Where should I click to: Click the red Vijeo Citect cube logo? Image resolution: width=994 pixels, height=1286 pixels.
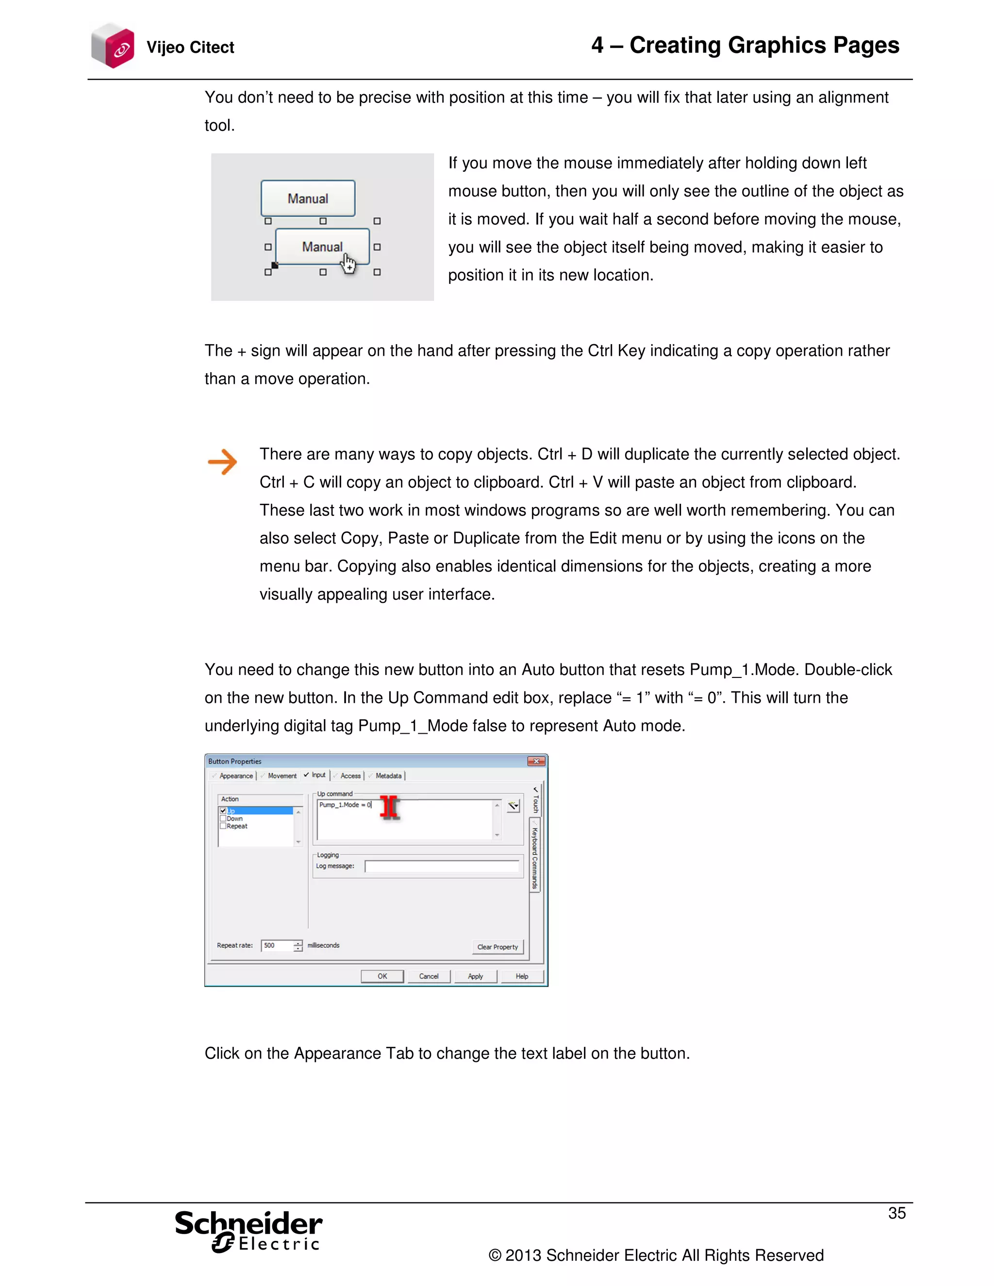tap(113, 46)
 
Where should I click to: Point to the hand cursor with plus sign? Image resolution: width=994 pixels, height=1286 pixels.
tap(348, 264)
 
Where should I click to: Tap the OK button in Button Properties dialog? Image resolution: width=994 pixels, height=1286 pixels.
tap(382, 976)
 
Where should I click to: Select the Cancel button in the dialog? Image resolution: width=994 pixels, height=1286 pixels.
tap(429, 976)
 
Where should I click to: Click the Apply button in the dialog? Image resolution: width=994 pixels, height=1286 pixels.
tap(475, 976)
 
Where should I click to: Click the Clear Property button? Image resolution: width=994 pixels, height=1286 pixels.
tap(497, 947)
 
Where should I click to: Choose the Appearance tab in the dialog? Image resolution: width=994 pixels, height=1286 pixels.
tap(235, 775)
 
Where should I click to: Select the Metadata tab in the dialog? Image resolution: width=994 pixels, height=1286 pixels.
tap(388, 775)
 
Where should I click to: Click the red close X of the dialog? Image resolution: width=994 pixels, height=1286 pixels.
tap(536, 761)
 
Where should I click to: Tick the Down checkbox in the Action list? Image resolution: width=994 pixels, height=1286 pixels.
tap(223, 819)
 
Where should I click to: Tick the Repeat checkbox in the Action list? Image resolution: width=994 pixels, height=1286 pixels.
tap(223, 826)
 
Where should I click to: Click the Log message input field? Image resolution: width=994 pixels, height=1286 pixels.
tap(442, 866)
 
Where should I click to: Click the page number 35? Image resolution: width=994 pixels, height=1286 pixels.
tap(896, 1213)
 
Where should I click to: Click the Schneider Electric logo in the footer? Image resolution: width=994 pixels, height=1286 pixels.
tap(248, 1231)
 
